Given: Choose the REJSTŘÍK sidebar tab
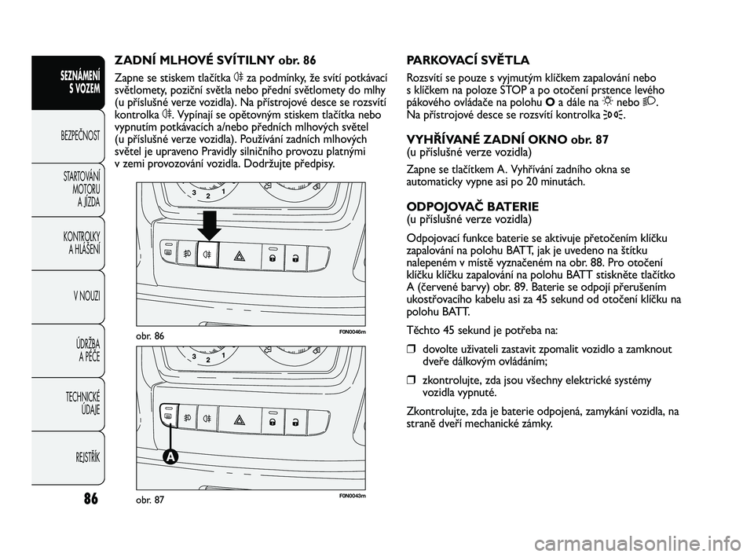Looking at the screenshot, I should [x=82, y=457].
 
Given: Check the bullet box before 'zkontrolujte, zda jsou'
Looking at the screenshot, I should [x=410, y=381].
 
